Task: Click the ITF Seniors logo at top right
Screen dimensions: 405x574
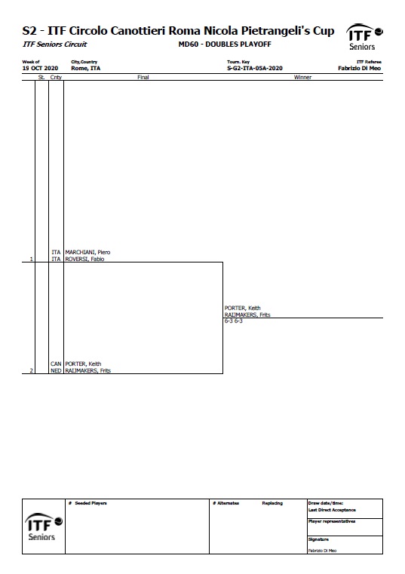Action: [x=364, y=37]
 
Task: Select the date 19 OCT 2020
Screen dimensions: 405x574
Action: [x=40, y=68]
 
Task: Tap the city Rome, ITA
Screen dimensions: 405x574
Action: [x=86, y=68]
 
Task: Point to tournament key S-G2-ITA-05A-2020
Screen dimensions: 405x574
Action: [x=255, y=68]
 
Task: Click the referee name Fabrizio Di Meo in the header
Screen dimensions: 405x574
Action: [x=359, y=68]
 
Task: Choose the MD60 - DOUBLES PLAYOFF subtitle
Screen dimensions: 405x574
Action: [x=225, y=45]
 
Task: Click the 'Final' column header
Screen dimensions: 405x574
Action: [x=143, y=77]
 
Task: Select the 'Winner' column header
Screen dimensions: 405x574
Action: [x=302, y=77]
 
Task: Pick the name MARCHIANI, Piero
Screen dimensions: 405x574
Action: [x=87, y=252]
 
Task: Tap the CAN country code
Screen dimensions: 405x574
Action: [x=56, y=364]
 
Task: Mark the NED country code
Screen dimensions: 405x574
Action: [x=56, y=370]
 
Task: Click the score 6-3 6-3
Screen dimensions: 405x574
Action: [x=234, y=321]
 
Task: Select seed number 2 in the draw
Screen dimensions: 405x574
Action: [x=31, y=370]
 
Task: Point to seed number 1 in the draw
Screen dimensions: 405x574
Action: [x=31, y=259]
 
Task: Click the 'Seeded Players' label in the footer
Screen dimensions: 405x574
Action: [x=91, y=503]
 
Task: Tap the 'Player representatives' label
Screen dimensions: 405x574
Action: [x=332, y=521]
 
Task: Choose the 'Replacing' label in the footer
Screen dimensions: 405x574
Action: [x=272, y=503]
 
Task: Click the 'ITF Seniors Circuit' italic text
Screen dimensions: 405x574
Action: [x=55, y=45]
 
